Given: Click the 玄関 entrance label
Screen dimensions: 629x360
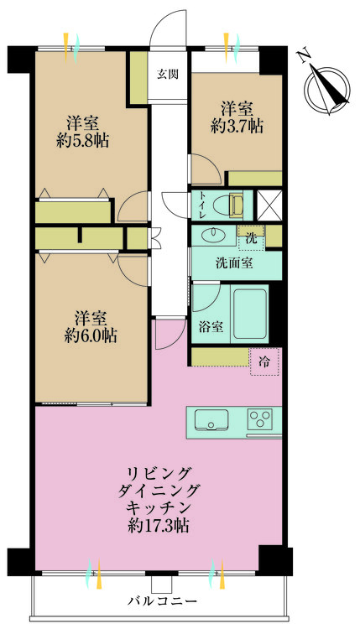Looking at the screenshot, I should point(168,75).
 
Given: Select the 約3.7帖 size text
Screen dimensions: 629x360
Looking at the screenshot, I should point(236,127).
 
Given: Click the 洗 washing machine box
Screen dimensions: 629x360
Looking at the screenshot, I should point(249,238).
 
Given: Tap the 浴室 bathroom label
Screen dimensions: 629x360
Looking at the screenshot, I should point(211,327).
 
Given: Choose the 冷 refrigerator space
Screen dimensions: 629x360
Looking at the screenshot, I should point(265,362).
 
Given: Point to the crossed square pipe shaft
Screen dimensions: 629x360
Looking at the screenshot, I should point(268,204).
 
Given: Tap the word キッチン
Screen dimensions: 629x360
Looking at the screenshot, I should point(158,509).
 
